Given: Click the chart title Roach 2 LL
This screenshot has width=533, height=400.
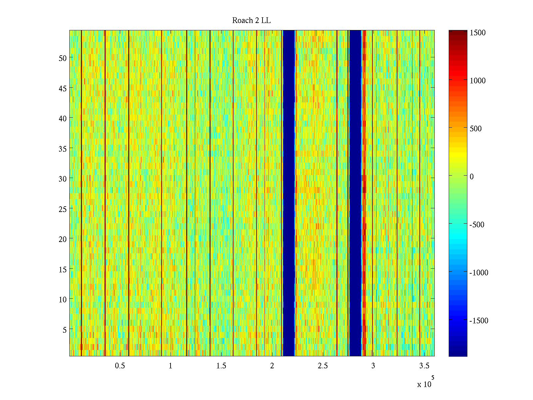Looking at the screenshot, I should point(251,21).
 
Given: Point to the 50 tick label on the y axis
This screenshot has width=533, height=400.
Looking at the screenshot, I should point(63,58).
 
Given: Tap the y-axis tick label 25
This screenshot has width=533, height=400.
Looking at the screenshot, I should point(63,209).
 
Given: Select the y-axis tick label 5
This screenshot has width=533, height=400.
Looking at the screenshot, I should point(65,330).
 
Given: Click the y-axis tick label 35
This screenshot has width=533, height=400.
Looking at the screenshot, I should point(63,149).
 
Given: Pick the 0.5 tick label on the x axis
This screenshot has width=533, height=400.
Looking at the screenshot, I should point(120,366).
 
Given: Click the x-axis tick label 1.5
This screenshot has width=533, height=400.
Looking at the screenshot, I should point(221,366).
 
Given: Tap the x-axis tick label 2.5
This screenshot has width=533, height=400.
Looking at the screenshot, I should point(322,366).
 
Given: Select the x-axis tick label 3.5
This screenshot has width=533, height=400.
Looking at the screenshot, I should point(424,366).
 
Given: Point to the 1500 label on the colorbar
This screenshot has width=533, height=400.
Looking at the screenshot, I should point(478,33).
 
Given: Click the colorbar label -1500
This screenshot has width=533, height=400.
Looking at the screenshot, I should point(479,321).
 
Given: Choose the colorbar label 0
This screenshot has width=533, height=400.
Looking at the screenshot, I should point(472,177).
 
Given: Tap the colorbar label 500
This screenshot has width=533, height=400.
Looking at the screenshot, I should point(476,129).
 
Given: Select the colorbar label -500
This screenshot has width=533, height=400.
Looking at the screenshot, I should point(477,225).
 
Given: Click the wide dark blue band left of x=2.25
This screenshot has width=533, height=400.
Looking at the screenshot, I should point(288,193).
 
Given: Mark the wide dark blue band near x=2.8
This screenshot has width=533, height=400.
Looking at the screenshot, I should point(355,193).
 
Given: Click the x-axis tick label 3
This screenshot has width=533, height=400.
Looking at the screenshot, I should point(373,366).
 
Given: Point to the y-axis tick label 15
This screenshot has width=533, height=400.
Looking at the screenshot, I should point(63,269).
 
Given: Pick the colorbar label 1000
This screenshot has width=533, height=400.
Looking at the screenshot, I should point(478,81).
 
